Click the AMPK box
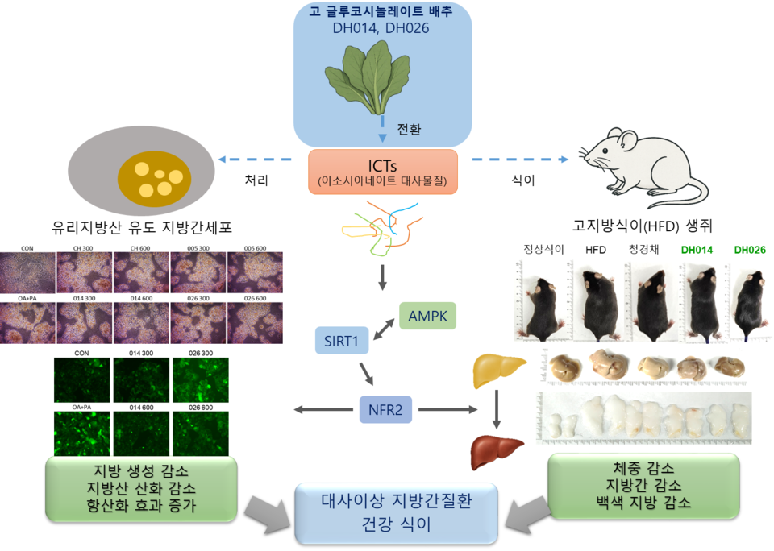[x=427, y=314]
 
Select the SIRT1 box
[x=341, y=341]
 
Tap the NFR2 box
[x=385, y=410]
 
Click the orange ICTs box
[x=382, y=171]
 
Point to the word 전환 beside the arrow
[x=409, y=129]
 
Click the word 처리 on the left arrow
[x=256, y=180]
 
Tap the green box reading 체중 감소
[x=643, y=485]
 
